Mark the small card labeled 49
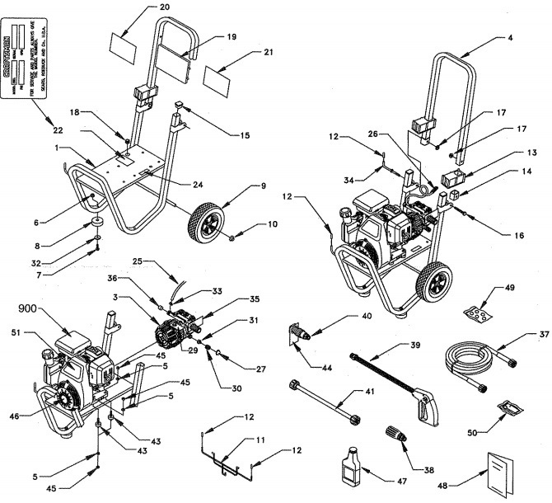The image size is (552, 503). (x=477, y=313)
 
